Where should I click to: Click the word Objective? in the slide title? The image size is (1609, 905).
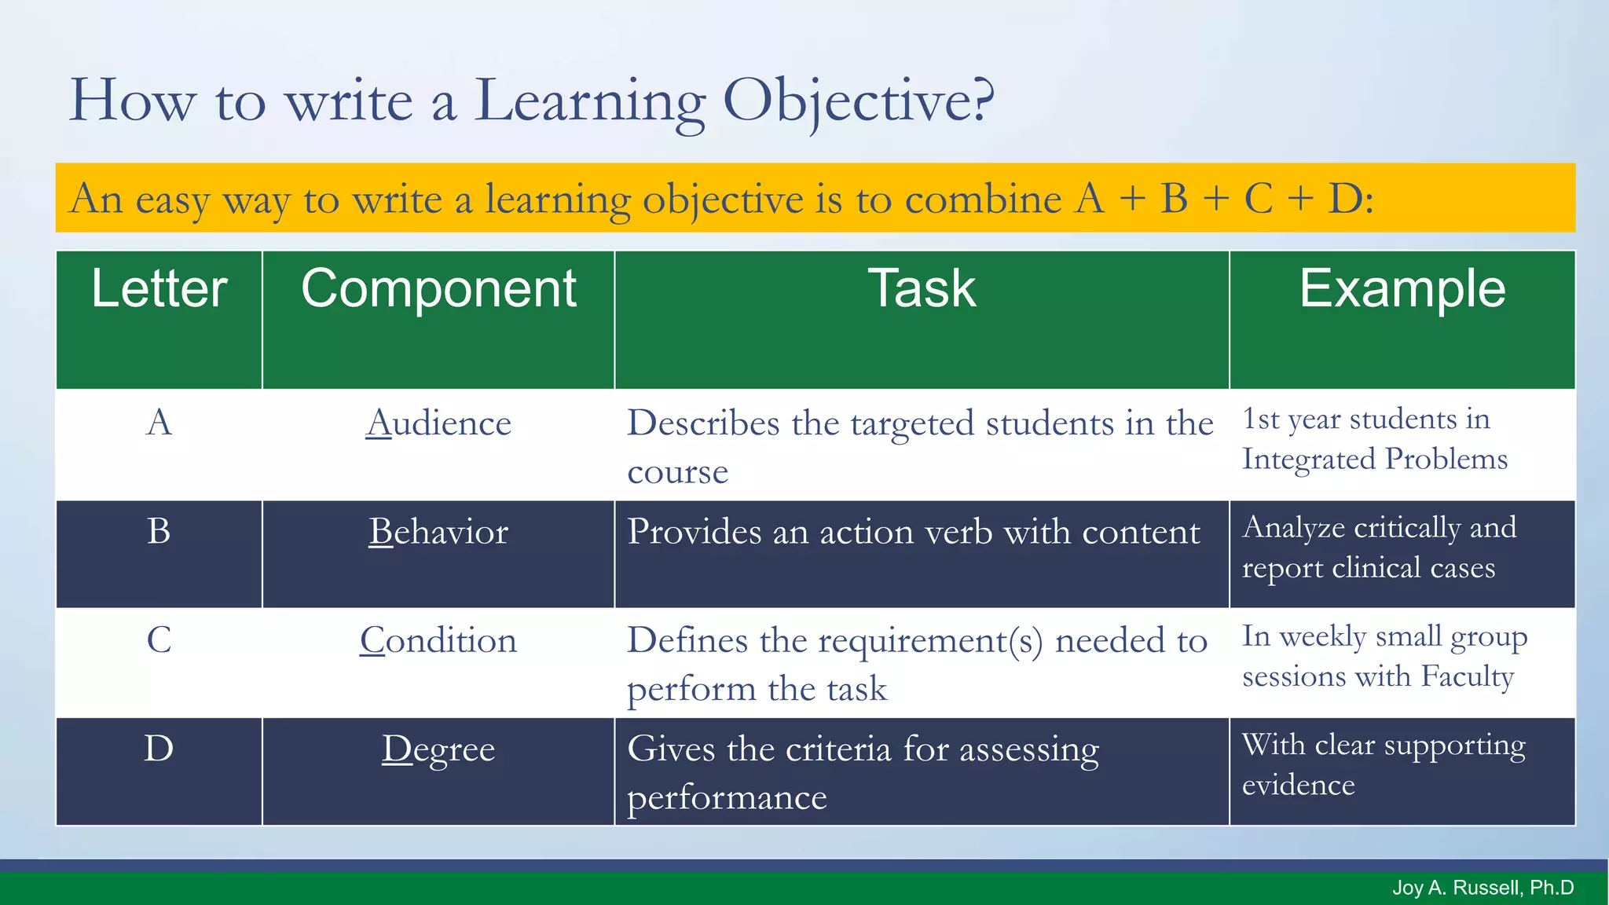pyautogui.click(x=858, y=102)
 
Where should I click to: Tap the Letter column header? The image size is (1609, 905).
pyautogui.click(x=159, y=289)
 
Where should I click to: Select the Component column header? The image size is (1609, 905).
pyautogui.click(x=438, y=289)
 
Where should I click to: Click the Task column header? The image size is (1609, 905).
pyautogui.click(x=922, y=289)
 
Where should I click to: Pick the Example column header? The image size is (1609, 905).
pyautogui.click(x=1402, y=289)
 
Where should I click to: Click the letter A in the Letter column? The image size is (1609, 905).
pyautogui.click(x=159, y=423)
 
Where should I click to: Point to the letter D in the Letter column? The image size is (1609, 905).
pyautogui.click(x=159, y=748)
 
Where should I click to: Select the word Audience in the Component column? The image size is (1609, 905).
pyautogui.click(x=438, y=423)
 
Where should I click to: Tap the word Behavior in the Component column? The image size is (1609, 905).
pyautogui.click(x=438, y=532)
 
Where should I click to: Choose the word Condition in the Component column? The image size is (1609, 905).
pyautogui.click(x=438, y=640)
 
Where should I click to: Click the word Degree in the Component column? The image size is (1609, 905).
pyautogui.click(x=438, y=749)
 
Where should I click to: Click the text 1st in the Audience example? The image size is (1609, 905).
pyautogui.click(x=1261, y=419)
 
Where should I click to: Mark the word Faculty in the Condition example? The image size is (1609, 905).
pyautogui.click(x=1468, y=676)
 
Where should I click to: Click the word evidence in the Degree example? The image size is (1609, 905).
pyautogui.click(x=1298, y=785)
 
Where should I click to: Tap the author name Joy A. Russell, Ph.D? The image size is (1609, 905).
pyautogui.click(x=1483, y=888)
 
